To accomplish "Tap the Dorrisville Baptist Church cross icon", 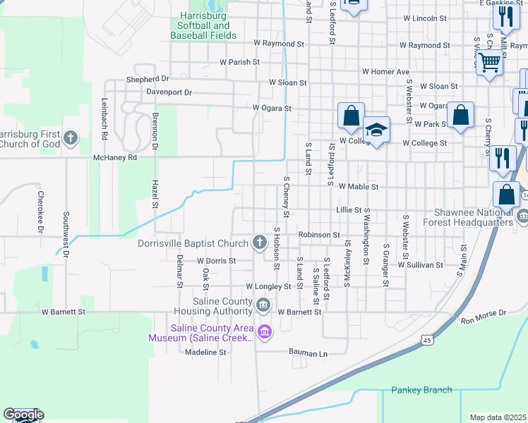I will [260, 243].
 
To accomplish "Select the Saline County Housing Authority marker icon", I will [263, 305].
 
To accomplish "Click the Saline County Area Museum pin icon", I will [265, 331].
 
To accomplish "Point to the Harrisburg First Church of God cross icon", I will [70, 137].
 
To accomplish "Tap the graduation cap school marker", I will [377, 130].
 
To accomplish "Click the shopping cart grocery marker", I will [489, 62].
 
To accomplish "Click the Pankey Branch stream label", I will [422, 390].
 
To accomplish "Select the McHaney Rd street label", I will [114, 158].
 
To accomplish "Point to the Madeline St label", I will [205, 352].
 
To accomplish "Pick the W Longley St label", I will [268, 287].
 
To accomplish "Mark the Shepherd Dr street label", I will [148, 79].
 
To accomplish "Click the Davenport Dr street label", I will [169, 92].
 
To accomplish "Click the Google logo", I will [23, 415].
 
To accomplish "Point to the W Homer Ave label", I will [385, 72].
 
